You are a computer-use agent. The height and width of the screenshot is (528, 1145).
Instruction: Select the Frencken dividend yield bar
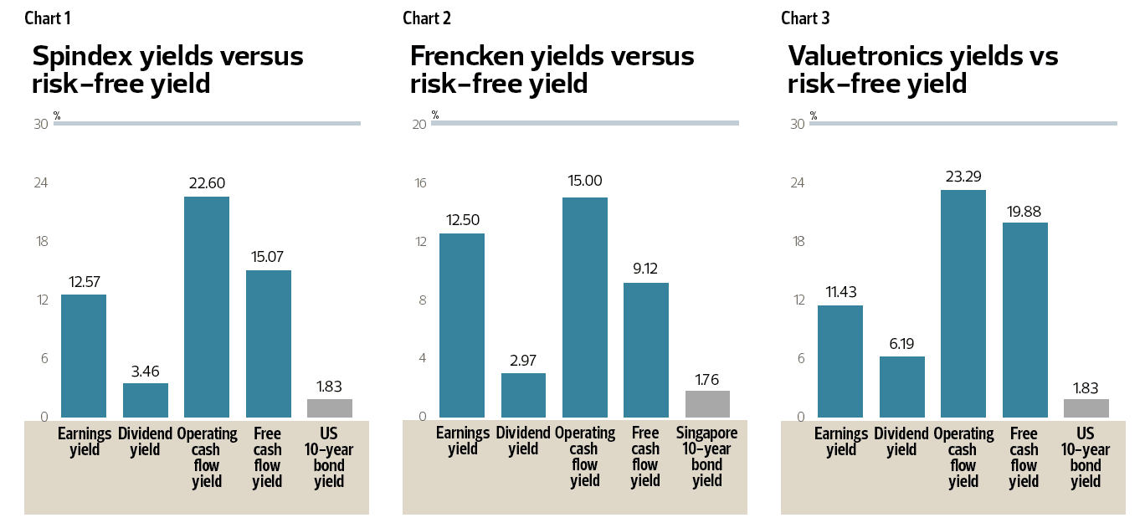tap(523, 395)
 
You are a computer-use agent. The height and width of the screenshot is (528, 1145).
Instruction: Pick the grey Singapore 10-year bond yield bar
tap(707, 404)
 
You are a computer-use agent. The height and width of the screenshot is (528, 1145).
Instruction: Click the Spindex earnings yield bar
tap(84, 356)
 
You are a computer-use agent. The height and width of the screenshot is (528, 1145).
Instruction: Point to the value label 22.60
tap(207, 183)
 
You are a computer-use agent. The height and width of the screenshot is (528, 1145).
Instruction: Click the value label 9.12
tap(646, 270)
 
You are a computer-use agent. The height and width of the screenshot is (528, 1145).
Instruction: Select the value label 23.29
tap(963, 177)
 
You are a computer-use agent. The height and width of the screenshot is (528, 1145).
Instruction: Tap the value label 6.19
tap(901, 343)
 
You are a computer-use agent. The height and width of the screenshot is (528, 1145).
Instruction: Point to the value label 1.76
tap(707, 378)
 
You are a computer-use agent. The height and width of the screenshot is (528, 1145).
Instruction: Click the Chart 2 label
tap(427, 18)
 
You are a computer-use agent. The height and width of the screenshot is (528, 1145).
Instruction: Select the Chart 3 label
tap(805, 18)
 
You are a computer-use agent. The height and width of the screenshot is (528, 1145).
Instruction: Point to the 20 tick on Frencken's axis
tap(419, 125)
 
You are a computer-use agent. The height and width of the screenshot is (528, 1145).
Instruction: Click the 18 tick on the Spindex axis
tap(41, 242)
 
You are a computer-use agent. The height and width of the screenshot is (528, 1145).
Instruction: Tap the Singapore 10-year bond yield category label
tap(707, 457)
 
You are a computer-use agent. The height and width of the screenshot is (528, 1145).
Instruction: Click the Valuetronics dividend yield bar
tap(901, 387)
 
